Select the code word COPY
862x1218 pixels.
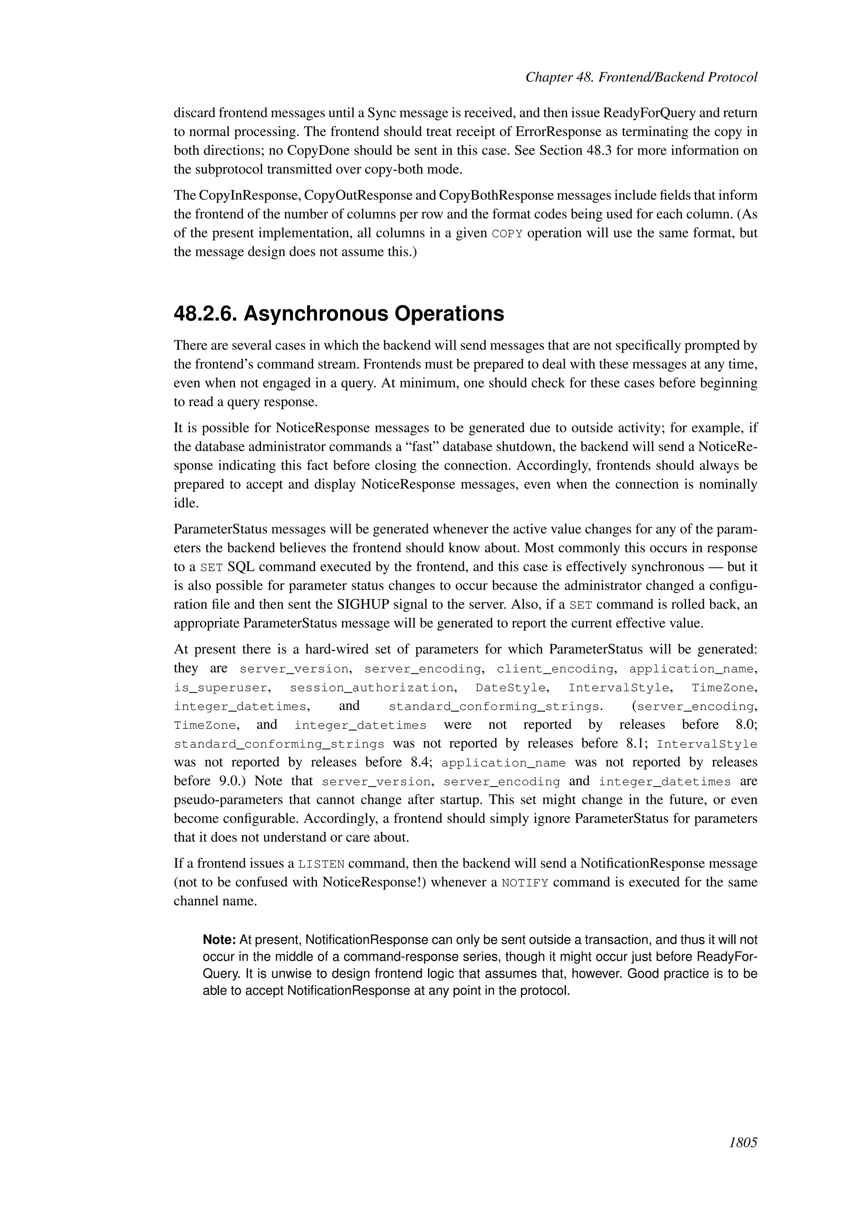click(507, 234)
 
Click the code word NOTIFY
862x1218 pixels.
click(524, 883)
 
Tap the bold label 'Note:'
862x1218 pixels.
click(219, 940)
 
